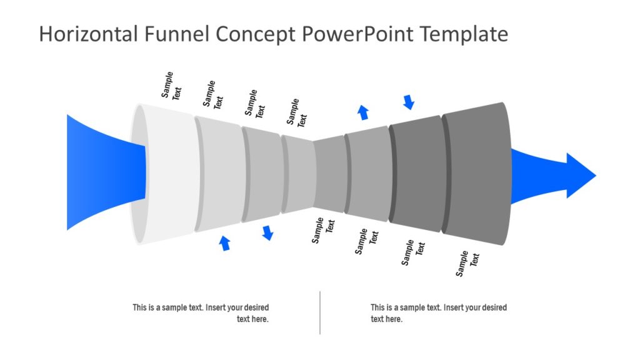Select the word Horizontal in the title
[x=88, y=34]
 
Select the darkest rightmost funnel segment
[x=475, y=174]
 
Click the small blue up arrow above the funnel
[x=362, y=112]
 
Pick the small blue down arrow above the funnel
[x=409, y=102]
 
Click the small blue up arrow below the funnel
[x=225, y=243]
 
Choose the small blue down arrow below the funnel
[x=267, y=233]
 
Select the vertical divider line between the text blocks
[x=320, y=312]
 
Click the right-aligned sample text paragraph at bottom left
[x=201, y=313]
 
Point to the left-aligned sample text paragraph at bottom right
[x=437, y=313]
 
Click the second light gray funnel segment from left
[x=219, y=174]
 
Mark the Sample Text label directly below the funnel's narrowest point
[x=324, y=230]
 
